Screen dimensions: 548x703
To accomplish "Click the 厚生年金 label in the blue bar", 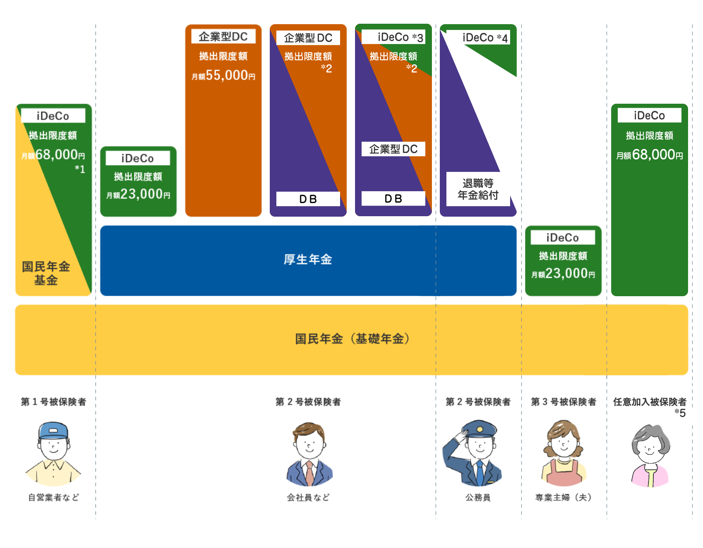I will [x=308, y=260].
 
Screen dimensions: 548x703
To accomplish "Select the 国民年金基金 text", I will [x=46, y=273].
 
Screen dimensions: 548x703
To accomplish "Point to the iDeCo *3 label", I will [x=400, y=37].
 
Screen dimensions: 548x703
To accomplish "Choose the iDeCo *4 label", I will [x=485, y=38].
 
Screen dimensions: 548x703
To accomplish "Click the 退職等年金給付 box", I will [x=478, y=189].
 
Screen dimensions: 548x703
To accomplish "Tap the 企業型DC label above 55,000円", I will [x=223, y=36].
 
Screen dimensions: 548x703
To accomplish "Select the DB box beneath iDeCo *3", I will [x=393, y=199].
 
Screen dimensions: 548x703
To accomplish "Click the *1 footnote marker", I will [x=80, y=169].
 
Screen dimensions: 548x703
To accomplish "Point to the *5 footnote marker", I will [x=680, y=413].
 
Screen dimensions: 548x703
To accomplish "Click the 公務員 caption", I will [x=478, y=497].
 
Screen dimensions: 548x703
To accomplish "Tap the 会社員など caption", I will [x=308, y=497].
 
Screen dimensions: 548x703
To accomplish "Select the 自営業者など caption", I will [x=54, y=497].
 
